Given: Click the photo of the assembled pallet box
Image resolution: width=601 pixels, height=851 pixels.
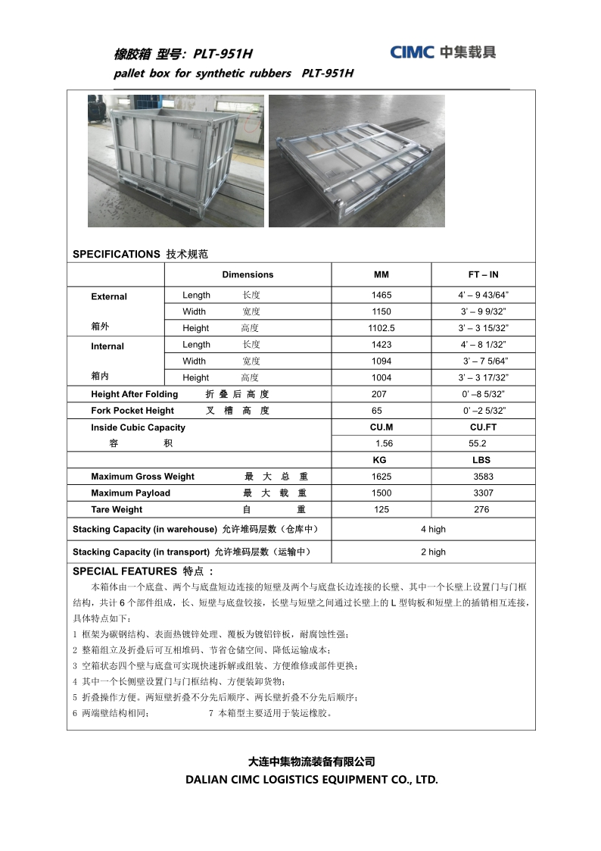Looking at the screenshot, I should click(176, 161).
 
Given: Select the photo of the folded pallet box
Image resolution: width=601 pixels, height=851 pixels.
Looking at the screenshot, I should click(357, 161).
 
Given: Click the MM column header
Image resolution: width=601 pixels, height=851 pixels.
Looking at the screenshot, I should click(381, 274).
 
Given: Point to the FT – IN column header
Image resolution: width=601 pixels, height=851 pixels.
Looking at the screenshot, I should click(483, 274).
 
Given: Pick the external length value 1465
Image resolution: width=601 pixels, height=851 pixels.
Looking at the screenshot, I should click(381, 295).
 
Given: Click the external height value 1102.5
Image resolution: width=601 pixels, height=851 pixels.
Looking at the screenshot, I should click(381, 328).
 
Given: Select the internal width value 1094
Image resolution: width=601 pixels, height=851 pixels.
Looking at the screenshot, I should click(381, 361).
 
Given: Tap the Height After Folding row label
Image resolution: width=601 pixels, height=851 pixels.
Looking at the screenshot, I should click(135, 394).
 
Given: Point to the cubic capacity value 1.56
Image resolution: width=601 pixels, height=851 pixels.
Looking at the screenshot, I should click(385, 443).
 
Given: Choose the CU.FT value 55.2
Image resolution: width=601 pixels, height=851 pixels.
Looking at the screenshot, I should click(478, 443).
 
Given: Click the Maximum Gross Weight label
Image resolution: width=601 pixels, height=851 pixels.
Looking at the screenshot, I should click(142, 477).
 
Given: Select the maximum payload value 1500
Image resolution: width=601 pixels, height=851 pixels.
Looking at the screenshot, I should click(381, 493).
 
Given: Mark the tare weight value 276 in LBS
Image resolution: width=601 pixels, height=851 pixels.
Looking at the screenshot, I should click(481, 510).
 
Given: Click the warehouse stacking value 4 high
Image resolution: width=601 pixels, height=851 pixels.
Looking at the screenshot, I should click(433, 529).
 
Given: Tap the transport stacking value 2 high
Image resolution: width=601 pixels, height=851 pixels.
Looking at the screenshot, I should click(433, 552).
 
